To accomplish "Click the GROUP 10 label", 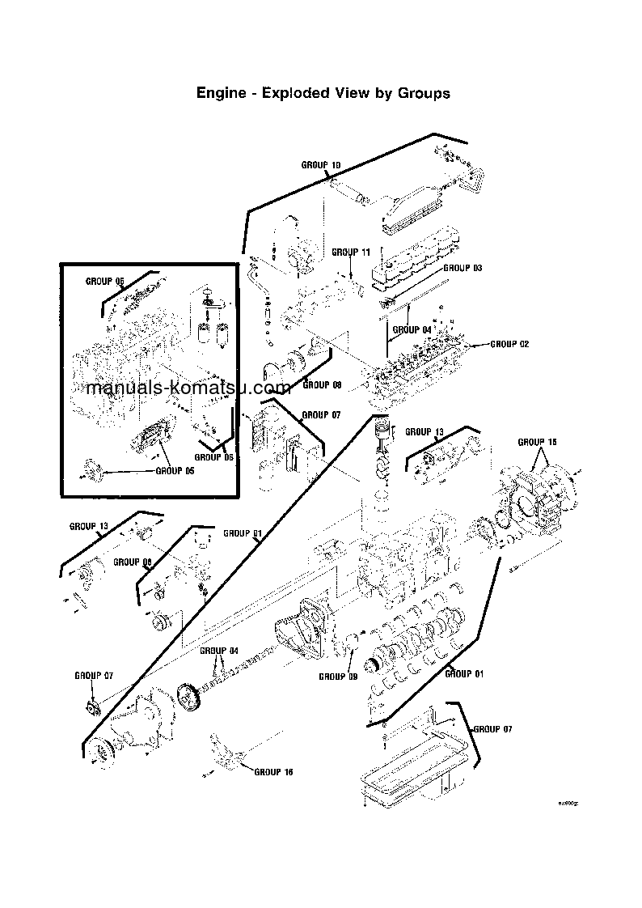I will point(321,165).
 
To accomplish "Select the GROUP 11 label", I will point(351,252).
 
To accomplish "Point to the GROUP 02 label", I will point(509,344).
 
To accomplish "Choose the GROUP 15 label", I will point(537,442).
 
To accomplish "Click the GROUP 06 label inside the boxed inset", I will point(213,457).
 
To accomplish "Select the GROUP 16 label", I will point(273,772).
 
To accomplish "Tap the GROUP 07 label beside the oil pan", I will point(492,729).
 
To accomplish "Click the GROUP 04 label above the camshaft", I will point(219,651).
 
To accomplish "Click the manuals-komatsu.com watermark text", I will point(187,388).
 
